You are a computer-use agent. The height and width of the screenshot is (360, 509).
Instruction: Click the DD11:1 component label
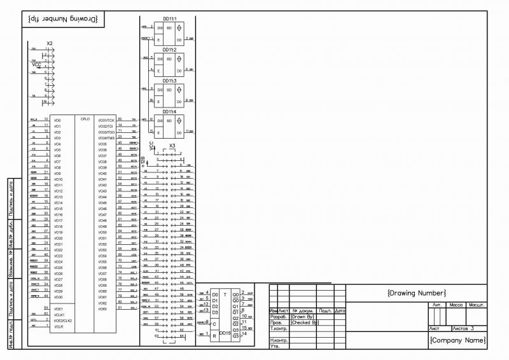click(169, 18)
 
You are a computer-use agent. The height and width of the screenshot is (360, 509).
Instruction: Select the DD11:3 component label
click(169, 81)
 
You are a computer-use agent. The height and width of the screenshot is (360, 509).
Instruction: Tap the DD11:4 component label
click(169, 112)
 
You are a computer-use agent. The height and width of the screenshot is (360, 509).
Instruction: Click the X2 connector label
click(50, 44)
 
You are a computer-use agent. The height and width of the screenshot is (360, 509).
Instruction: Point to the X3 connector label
click(172, 146)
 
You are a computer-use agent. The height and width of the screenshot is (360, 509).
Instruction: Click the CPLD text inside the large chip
click(85, 119)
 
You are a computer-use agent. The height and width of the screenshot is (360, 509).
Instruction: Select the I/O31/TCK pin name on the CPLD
click(106, 120)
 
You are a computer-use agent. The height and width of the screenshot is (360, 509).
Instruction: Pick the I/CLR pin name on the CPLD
click(59, 327)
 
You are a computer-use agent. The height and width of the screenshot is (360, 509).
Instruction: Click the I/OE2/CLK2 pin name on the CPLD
click(63, 321)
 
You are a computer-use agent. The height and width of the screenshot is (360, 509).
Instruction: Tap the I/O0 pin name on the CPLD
click(58, 120)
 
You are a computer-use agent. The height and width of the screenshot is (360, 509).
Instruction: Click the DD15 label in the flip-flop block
click(225, 333)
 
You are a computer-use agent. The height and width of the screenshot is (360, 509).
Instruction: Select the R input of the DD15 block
click(214, 335)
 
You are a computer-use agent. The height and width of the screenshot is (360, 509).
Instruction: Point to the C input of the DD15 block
click(214, 324)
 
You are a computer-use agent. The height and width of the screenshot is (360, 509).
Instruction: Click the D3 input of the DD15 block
click(215, 312)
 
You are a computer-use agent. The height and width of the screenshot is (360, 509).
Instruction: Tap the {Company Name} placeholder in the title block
click(457, 340)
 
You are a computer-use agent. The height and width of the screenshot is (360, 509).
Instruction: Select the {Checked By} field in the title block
click(304, 322)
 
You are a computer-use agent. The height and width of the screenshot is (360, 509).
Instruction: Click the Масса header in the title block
click(456, 305)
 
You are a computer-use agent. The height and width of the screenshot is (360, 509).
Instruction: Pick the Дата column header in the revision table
click(340, 310)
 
